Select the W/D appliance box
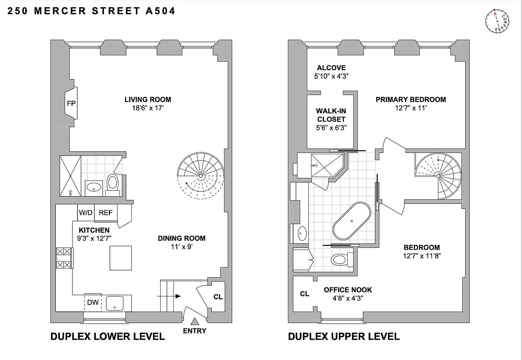[x=85, y=213]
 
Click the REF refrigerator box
[x=106, y=213]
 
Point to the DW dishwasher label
[x=93, y=303]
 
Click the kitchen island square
[x=121, y=258]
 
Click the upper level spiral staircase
[x=438, y=175]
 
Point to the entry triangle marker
[x=195, y=321]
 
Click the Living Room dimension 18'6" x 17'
[x=148, y=108]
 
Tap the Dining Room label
[x=181, y=238]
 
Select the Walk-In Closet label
[x=331, y=115]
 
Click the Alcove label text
[x=331, y=68]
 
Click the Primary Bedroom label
[x=411, y=99]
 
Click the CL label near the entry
[x=218, y=297]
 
